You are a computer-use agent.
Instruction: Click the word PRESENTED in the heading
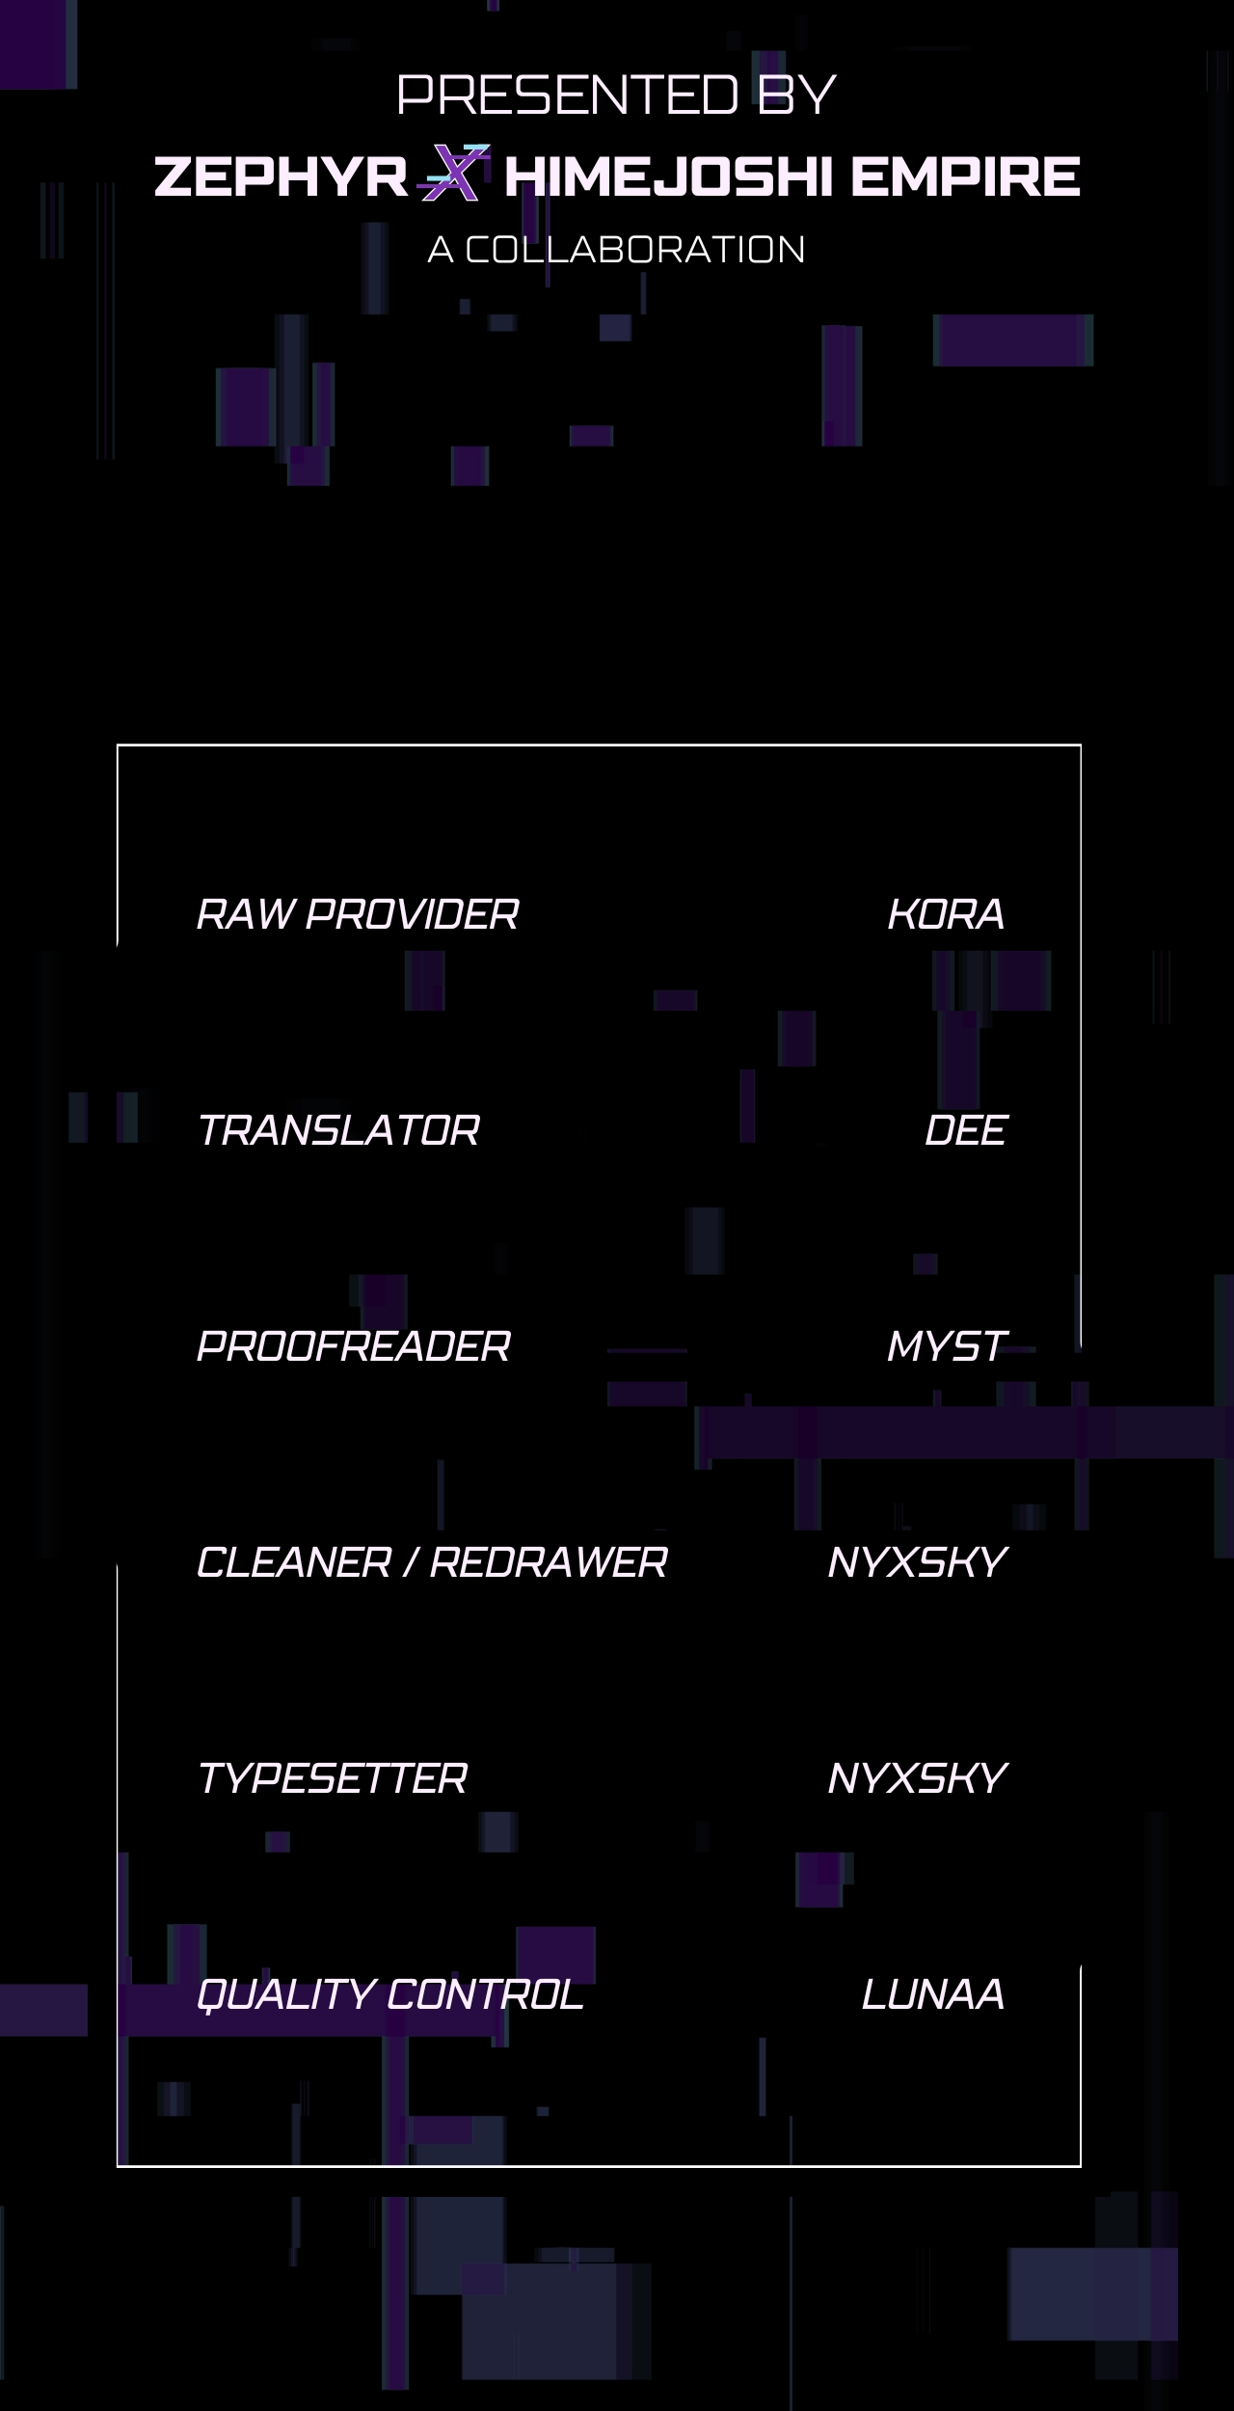pos(568,95)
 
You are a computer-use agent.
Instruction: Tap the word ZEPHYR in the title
pos(281,176)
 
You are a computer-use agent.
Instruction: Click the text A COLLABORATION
pos(616,250)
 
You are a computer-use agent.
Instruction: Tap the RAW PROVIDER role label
pos(358,914)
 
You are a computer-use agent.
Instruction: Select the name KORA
pos(946,914)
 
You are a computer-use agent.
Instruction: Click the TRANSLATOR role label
pos(338,1130)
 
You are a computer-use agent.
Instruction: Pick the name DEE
pos(965,1130)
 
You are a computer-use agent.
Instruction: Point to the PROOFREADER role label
pos(354,1346)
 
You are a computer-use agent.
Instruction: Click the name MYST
pos(947,1346)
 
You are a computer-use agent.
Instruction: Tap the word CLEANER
pos(294,1562)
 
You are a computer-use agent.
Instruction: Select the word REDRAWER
pos(549,1562)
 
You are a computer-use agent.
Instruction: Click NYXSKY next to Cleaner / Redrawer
pos(917,1562)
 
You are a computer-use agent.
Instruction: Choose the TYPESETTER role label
pos(333,1778)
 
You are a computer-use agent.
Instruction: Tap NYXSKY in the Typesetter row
pos(917,1778)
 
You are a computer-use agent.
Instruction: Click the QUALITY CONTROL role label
pos(390,1994)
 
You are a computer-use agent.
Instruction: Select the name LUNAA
pos(933,1994)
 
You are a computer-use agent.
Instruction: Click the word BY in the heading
pos(796,95)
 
